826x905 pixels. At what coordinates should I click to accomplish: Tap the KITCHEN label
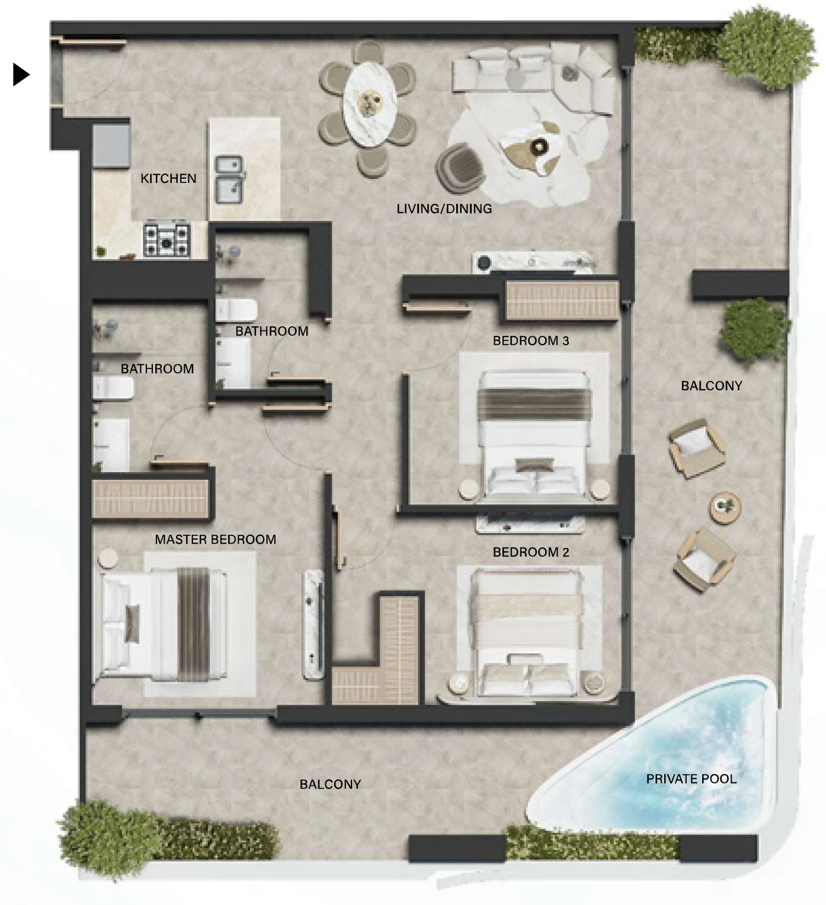coord(168,179)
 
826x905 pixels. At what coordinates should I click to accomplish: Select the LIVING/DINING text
coord(444,208)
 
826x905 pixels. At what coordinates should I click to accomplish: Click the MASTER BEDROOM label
coord(215,539)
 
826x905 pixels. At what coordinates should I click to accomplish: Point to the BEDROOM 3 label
coord(531,341)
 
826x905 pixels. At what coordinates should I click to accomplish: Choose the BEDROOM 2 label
coord(531,552)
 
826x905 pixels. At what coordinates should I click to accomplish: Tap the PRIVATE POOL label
coord(691,779)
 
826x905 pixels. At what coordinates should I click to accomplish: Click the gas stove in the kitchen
coord(167,240)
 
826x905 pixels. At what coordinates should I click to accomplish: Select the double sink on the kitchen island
coord(229,179)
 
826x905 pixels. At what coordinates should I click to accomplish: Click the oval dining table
coord(370,104)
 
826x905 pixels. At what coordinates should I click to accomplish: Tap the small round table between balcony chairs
coord(725,508)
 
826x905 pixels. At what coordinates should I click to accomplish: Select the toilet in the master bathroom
coord(113,388)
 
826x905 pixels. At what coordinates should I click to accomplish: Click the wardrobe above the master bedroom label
coord(151,498)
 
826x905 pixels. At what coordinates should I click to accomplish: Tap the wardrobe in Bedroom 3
coord(562,300)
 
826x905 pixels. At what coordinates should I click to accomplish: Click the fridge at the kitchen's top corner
coord(111,146)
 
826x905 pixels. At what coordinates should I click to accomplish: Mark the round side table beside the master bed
coord(108,558)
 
